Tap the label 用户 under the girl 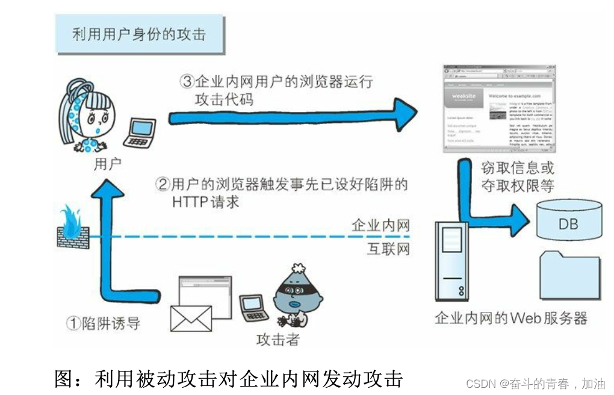click(x=108, y=164)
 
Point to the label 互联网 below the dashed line click(x=388, y=248)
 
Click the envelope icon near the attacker click(x=191, y=318)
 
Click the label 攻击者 click(x=278, y=339)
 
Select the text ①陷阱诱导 click(x=103, y=323)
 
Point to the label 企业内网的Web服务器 click(x=510, y=318)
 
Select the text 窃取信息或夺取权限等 click(x=518, y=176)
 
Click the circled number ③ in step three click(x=187, y=81)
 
